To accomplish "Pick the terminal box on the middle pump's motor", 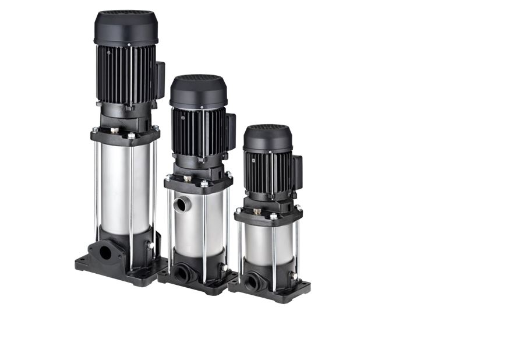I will pos(231,131).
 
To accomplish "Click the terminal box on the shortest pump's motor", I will pos(297,172).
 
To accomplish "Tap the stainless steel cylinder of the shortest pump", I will pos(267,243).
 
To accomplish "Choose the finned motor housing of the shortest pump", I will pos(266,172).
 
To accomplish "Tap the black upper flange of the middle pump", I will pos(198,184).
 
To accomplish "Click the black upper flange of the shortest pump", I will pos(268,217).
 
